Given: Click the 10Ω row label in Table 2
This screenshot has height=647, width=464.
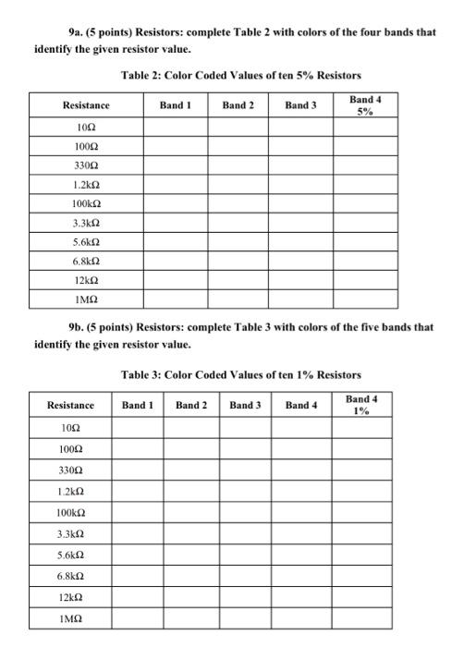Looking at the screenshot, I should (x=85, y=128).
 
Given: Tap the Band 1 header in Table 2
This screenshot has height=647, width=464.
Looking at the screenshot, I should (x=175, y=105).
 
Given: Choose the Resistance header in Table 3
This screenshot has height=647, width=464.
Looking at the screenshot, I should (x=70, y=405).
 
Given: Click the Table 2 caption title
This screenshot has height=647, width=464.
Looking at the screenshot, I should (x=240, y=74).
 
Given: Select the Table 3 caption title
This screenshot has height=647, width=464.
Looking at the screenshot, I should (x=240, y=374).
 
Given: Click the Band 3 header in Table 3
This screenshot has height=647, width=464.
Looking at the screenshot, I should (x=246, y=405).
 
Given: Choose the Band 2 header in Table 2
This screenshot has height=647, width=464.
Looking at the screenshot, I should (x=238, y=105).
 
